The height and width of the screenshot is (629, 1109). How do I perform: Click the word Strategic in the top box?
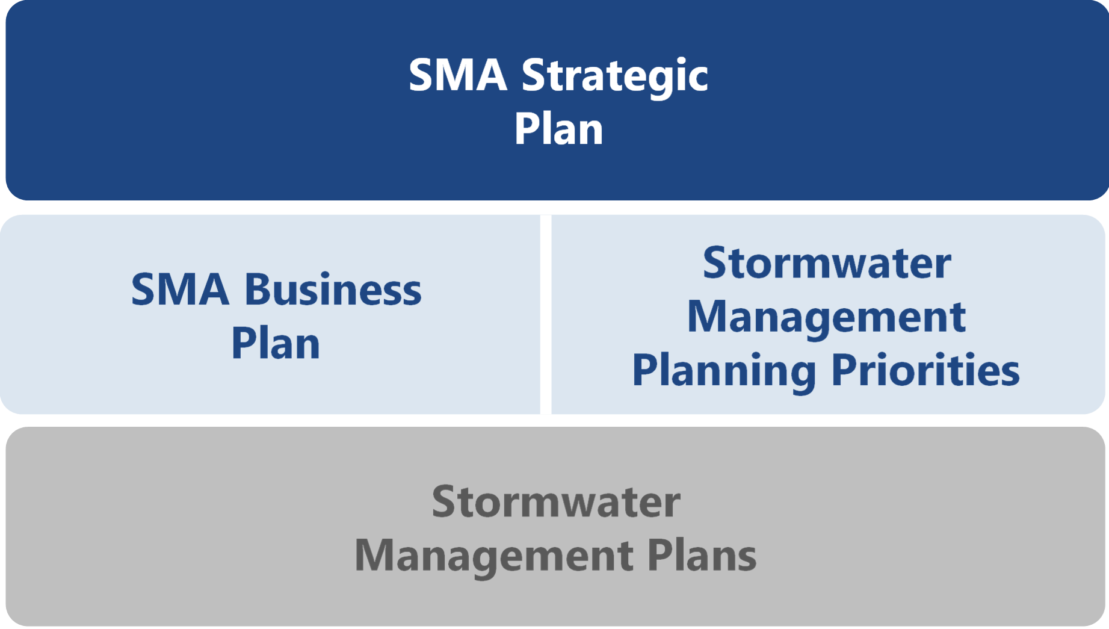[614, 76]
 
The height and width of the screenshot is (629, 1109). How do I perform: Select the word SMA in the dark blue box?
[458, 76]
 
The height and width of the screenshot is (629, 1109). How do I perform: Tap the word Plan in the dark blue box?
[558, 129]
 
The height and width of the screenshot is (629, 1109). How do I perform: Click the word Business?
[333, 290]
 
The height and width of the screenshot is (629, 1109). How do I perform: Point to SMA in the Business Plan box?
[180, 290]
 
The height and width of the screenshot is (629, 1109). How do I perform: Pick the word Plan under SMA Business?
[276, 344]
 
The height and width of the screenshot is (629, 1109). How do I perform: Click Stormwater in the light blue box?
[827, 264]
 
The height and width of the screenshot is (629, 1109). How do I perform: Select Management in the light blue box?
[826, 317]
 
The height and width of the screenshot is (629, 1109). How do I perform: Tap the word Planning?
[724, 371]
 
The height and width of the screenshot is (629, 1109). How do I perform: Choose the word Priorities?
[925, 370]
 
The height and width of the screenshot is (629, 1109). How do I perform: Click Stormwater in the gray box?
[555, 502]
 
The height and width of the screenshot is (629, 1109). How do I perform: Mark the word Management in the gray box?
[493, 556]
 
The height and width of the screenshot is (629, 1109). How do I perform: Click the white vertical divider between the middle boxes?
[546, 314]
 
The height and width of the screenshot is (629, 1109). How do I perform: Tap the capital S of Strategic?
[533, 76]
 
